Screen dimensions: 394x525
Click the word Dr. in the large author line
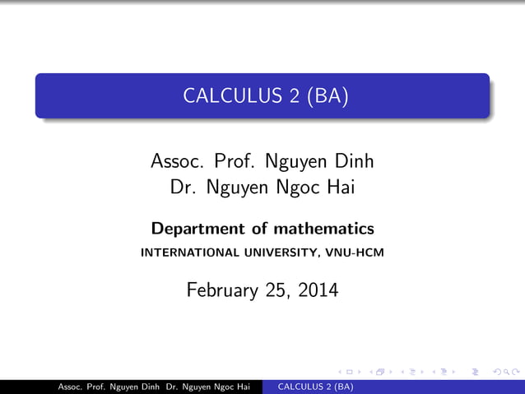click(184, 188)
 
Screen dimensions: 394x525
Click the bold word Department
click(197, 229)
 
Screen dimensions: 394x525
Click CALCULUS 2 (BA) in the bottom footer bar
click(316, 387)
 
